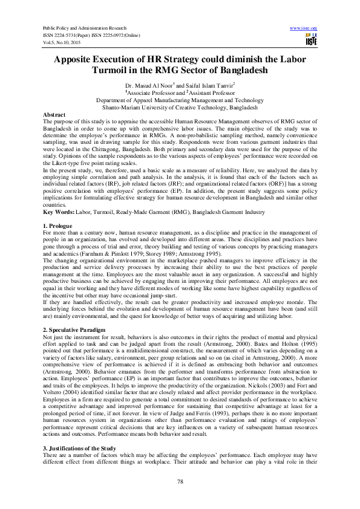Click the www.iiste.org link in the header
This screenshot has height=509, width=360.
304,28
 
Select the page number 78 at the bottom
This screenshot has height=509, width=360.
180,481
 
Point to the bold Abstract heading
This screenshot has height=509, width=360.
54,114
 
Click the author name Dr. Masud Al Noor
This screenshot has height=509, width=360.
146,86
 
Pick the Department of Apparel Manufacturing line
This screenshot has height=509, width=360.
180,100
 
